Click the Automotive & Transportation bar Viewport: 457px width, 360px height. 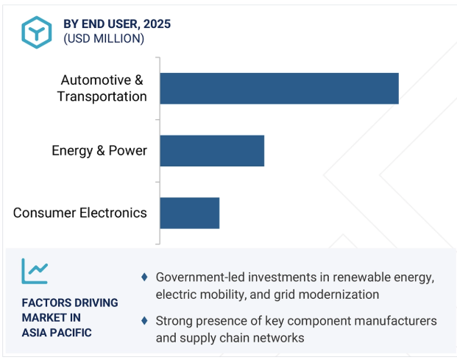[x=279, y=88]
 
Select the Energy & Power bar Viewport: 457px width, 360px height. [x=212, y=151]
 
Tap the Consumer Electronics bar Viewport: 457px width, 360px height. [x=190, y=213]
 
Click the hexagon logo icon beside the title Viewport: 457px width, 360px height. [x=37, y=32]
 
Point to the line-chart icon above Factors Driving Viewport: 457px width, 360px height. [x=35, y=271]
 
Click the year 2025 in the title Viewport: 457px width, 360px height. [x=157, y=24]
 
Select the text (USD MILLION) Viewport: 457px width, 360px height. [x=104, y=39]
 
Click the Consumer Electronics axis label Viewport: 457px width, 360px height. [x=80, y=213]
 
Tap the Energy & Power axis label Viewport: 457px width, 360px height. [x=99, y=151]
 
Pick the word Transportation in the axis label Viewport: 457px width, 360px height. [x=102, y=96]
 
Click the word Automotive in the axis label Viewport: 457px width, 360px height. [x=96, y=80]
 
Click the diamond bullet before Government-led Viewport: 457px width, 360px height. [x=144, y=277]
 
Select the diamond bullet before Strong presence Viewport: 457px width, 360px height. [x=144, y=321]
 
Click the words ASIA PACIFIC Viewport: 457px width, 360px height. [x=57, y=333]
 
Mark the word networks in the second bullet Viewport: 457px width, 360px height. [x=278, y=338]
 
